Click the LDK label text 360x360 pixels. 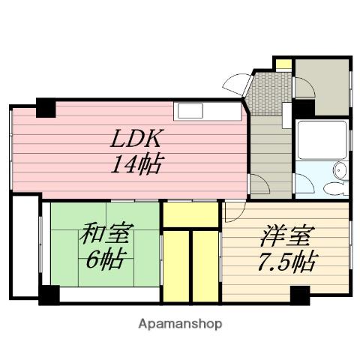click(x=137, y=139)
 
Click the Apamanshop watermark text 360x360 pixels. click(x=179, y=325)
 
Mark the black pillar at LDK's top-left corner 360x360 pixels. click(x=45, y=107)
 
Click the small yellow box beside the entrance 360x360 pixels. click(x=283, y=64)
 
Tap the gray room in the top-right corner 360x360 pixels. click(x=322, y=86)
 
